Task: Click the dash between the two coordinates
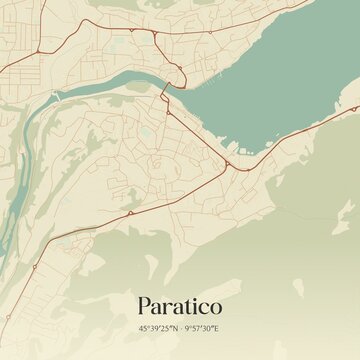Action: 181,327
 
